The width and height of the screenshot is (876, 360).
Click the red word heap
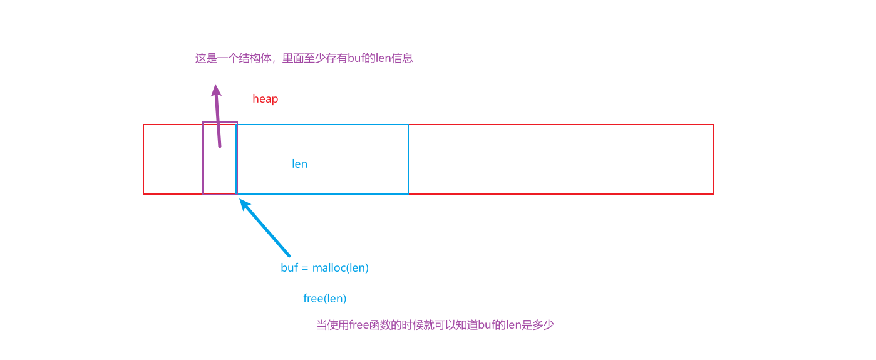point(265,99)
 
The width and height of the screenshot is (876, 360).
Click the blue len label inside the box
point(299,164)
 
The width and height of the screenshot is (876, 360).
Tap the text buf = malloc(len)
point(324,268)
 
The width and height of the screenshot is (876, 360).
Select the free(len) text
point(324,299)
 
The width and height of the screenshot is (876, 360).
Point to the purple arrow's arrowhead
point(216,90)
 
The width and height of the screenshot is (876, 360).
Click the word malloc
point(329,268)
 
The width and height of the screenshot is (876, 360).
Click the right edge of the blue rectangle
point(408,160)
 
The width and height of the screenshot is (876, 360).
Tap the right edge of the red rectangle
point(714,160)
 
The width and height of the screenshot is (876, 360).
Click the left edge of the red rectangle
point(143,160)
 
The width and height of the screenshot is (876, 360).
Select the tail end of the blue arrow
point(289,255)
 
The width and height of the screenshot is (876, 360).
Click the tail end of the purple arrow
point(220,146)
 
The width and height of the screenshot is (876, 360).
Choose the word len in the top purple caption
point(383,59)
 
